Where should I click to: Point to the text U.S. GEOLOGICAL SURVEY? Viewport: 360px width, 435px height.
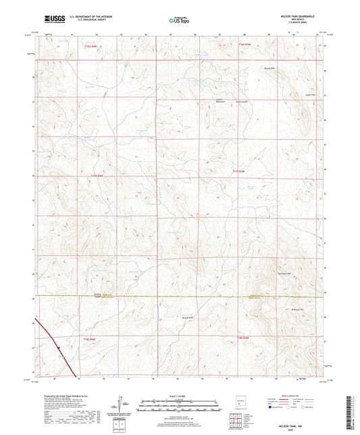point(91,22)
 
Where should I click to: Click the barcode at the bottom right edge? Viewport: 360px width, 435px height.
point(354,405)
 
